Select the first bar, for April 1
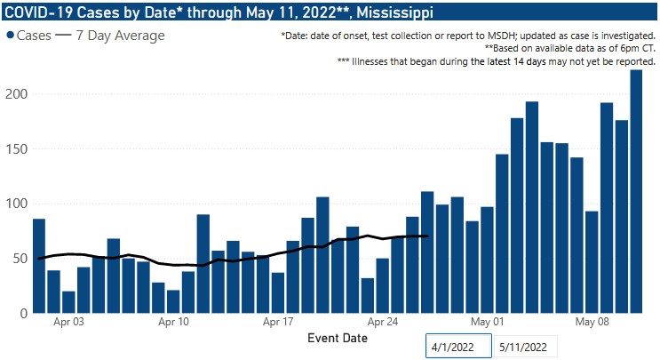coord(39,267)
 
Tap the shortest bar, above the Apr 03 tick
coord(68,302)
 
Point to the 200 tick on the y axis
coord(16,94)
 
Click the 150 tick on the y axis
coord(16,149)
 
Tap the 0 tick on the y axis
coord(23,314)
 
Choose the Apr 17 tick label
coord(278,322)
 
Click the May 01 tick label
coord(487,322)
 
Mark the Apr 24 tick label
coord(383,322)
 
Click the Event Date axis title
coord(337,339)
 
